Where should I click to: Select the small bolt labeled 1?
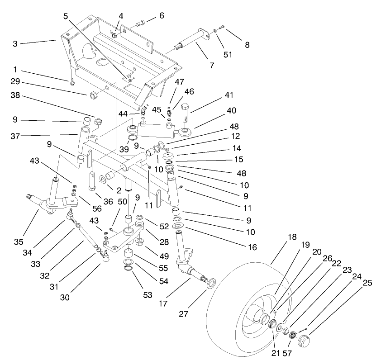coord(72,82)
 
